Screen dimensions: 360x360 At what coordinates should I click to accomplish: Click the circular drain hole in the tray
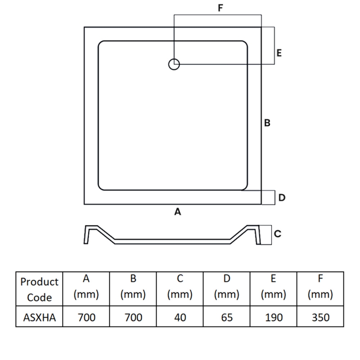(x=174, y=64)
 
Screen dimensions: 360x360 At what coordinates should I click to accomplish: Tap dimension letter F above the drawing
(x=220, y=8)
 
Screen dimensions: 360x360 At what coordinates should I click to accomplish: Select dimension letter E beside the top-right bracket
(x=279, y=53)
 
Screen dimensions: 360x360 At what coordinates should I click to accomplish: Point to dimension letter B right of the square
(x=267, y=123)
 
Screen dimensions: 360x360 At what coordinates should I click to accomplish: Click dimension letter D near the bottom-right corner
(x=282, y=198)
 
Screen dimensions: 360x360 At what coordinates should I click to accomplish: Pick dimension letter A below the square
(x=177, y=211)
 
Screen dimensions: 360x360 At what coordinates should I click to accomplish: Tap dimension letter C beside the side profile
(x=278, y=234)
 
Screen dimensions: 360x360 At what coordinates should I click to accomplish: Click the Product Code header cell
(x=40, y=289)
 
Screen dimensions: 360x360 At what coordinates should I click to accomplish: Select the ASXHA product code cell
(x=40, y=317)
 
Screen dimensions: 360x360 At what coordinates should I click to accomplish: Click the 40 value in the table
(x=180, y=317)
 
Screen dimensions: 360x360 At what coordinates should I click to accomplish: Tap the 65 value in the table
(x=227, y=317)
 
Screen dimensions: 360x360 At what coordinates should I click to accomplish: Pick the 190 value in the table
(x=274, y=317)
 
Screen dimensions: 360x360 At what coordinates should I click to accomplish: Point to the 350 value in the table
(x=320, y=317)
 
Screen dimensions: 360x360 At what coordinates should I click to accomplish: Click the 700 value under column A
(x=86, y=317)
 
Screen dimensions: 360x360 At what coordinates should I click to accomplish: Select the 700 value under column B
(x=133, y=317)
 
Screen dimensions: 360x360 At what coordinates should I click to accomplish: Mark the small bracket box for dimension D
(x=268, y=197)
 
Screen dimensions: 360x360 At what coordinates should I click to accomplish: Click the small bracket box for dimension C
(x=266, y=234)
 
